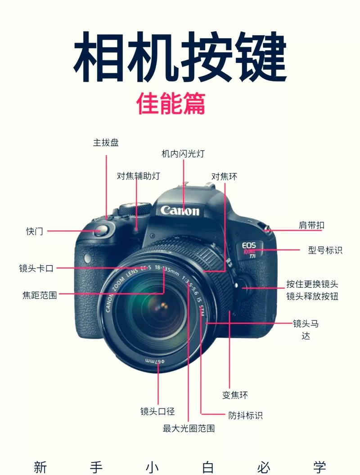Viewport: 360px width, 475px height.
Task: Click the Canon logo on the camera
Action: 180,210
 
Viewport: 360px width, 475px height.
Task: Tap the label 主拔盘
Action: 106,143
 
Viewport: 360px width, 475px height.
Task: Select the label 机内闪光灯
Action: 183,154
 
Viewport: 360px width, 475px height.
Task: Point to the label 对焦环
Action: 224,176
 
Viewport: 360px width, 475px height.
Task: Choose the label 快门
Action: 35,231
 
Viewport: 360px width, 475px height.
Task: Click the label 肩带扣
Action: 311,225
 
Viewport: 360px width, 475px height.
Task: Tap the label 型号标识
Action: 325,250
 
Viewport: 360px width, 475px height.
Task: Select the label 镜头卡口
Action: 36,269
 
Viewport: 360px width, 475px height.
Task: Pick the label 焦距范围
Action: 40,296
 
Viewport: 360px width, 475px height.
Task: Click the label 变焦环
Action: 235,395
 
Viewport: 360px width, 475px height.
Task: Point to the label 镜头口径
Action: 157,411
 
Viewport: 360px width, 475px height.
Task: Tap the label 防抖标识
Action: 245,415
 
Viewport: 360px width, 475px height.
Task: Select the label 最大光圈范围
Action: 189,428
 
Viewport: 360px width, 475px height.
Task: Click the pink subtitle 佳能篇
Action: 171,103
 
